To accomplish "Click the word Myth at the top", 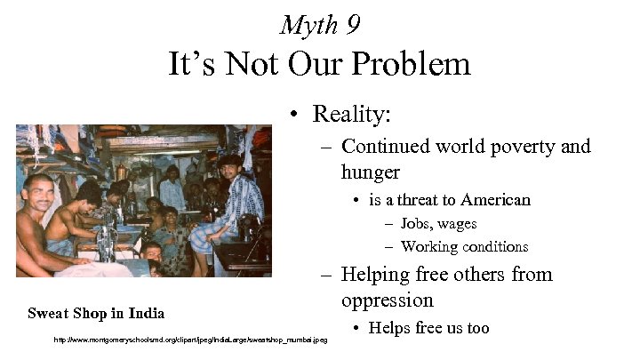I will (x=308, y=24).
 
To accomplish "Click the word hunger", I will (x=370, y=171).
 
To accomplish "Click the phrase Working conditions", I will (x=464, y=247).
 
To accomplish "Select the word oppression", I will (x=387, y=300).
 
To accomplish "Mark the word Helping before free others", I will (x=374, y=274).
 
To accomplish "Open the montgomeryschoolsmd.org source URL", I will (x=191, y=340).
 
